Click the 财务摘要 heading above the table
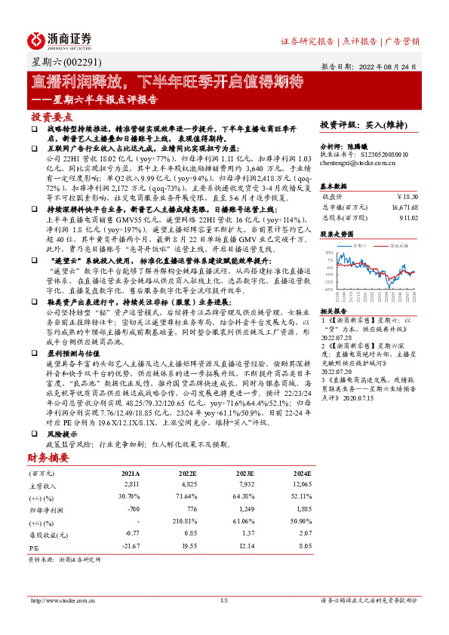[49, 458]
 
